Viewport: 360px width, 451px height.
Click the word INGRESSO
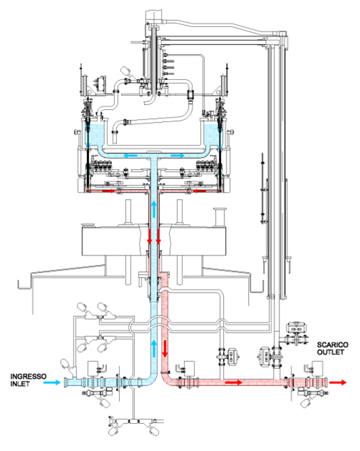[28, 377]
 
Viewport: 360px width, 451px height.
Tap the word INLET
[20, 384]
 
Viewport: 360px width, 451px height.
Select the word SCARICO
[333, 345]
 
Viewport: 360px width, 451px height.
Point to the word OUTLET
[330, 352]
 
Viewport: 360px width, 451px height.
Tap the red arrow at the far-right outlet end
[338, 382]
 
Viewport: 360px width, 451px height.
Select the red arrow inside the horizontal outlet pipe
[234, 382]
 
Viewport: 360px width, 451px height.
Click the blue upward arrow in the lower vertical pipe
[155, 349]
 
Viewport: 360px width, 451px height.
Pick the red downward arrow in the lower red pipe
[165, 349]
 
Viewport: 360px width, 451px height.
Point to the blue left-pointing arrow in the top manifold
[130, 156]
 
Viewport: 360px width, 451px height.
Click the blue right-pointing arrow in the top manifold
[178, 156]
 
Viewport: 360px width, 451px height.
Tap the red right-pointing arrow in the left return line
[108, 191]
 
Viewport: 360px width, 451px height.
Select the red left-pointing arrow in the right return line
[200, 191]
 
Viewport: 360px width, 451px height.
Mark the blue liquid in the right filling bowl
[212, 135]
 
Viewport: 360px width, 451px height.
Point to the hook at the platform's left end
[24, 284]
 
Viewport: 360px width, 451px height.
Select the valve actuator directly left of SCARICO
[297, 328]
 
